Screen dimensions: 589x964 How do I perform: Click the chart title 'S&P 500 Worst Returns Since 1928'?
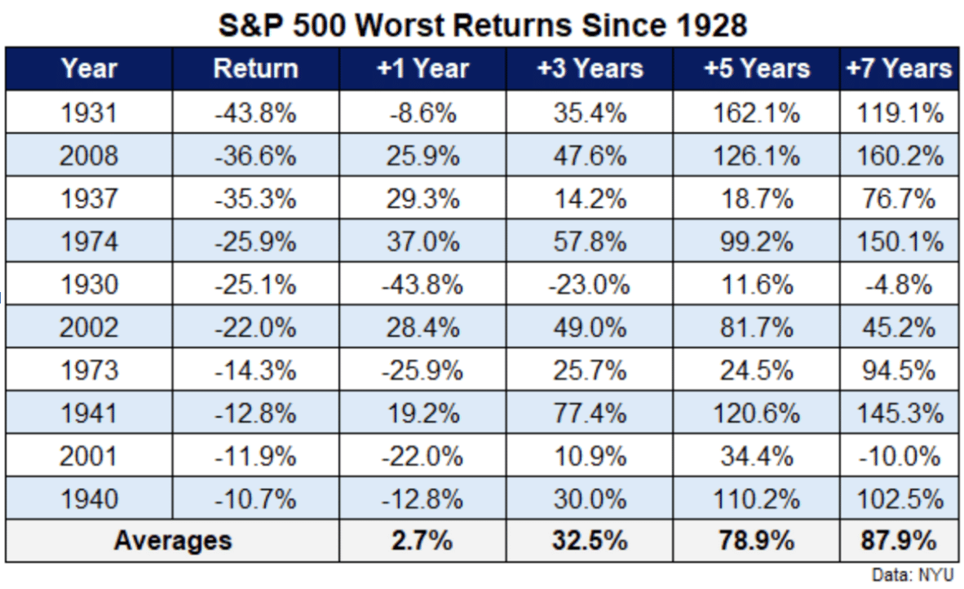click(482, 25)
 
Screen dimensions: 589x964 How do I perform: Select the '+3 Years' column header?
click(590, 69)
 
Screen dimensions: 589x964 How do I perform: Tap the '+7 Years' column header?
click(899, 69)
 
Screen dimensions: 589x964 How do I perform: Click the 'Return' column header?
click(255, 69)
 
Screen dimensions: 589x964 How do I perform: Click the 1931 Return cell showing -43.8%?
click(255, 113)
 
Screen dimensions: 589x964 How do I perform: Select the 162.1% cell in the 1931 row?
click(757, 113)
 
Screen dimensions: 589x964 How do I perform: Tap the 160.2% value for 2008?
click(899, 155)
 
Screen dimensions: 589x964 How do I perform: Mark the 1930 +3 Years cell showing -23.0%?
click(590, 285)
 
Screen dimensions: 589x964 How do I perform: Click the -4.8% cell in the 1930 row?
click(899, 285)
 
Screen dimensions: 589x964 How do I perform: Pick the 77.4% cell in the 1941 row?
click(590, 414)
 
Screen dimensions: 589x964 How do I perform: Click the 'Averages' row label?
click(172, 540)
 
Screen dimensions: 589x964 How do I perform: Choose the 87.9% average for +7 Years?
click(899, 540)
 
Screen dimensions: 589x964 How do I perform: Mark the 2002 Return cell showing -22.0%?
click(255, 328)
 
